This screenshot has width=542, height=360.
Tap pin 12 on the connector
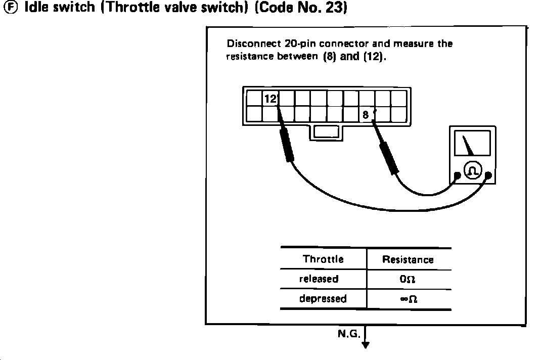click(x=271, y=99)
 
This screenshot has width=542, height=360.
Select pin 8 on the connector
click(x=366, y=115)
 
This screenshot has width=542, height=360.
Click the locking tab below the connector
click(x=326, y=131)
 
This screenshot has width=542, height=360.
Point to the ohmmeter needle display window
click(x=472, y=143)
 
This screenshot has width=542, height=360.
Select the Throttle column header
click(x=323, y=259)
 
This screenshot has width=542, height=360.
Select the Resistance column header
click(x=408, y=260)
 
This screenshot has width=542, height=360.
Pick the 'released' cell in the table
click(x=319, y=279)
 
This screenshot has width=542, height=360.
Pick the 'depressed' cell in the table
click(x=323, y=298)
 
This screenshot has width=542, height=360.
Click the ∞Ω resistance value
click(x=408, y=299)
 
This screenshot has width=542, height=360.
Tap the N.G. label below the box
click(x=348, y=334)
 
